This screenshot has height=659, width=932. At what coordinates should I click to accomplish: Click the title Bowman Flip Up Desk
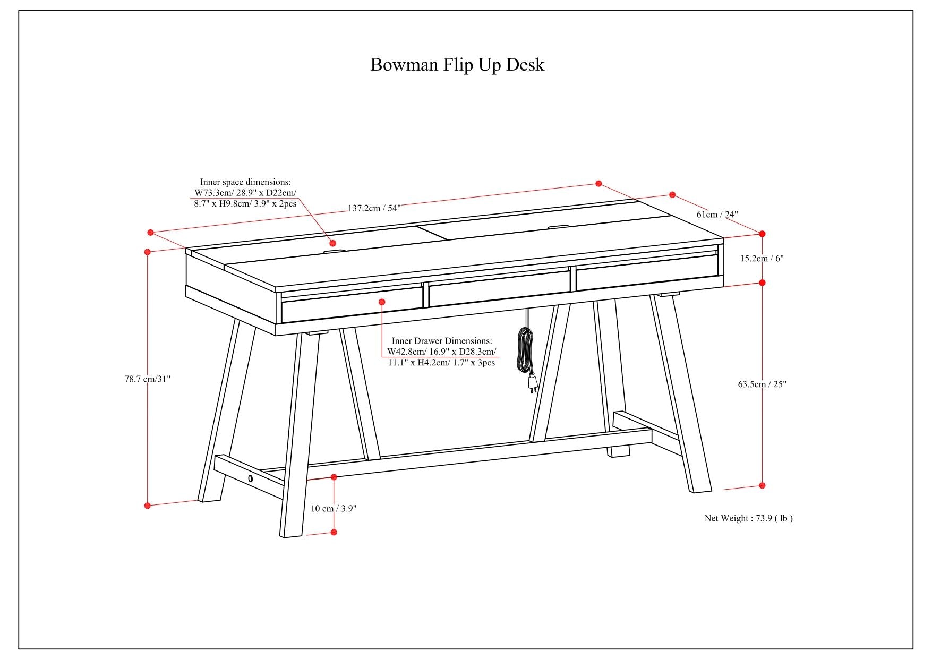pyautogui.click(x=457, y=65)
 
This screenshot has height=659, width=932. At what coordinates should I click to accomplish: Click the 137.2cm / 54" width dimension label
pyautogui.click(x=374, y=208)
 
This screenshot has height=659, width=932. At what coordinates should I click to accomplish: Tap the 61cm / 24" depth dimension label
pyautogui.click(x=717, y=215)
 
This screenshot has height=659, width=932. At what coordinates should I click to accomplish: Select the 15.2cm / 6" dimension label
pyautogui.click(x=762, y=259)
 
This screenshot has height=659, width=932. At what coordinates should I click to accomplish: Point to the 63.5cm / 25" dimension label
pyautogui.click(x=762, y=384)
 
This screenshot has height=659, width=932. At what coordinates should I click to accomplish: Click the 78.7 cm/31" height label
pyautogui.click(x=148, y=379)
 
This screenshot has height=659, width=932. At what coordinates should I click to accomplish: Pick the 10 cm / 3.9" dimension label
pyautogui.click(x=334, y=508)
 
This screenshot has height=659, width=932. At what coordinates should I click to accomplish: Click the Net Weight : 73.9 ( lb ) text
pyautogui.click(x=748, y=518)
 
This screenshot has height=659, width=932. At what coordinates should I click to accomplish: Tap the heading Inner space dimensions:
pyautogui.click(x=245, y=182)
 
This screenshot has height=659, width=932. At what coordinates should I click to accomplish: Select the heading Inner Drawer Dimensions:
pyautogui.click(x=442, y=341)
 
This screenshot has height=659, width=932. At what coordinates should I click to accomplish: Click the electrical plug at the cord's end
pyautogui.click(x=532, y=383)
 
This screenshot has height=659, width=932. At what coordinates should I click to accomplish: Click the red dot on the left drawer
pyautogui.click(x=381, y=302)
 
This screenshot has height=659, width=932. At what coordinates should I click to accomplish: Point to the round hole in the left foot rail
pyautogui.click(x=250, y=479)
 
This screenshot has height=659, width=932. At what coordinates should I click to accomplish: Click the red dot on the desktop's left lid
pyautogui.click(x=333, y=243)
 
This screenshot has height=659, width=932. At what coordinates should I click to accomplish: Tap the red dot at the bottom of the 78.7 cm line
pyautogui.click(x=148, y=506)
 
